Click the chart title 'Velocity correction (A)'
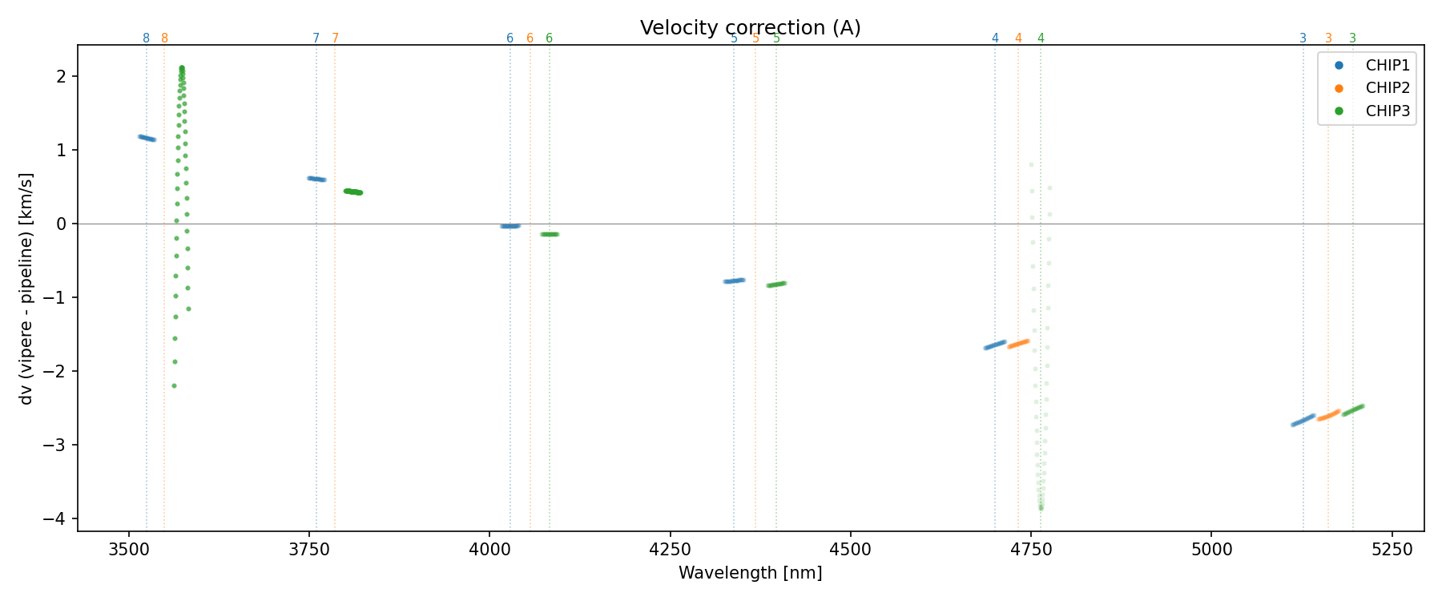pyautogui.click(x=750, y=28)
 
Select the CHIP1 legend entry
pyautogui.click(x=1388, y=66)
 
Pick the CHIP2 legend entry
pyautogui.click(x=1388, y=88)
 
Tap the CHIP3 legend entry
pyautogui.click(x=1388, y=111)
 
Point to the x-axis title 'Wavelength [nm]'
pyautogui.click(x=750, y=573)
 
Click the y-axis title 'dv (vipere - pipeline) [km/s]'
pyautogui.click(x=26, y=288)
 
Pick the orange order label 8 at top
pyautogui.click(x=164, y=38)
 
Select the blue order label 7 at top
pyautogui.click(x=316, y=38)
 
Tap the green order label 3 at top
pyautogui.click(x=1352, y=38)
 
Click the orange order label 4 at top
pyautogui.click(x=1018, y=38)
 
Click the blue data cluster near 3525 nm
pyautogui.click(x=147, y=138)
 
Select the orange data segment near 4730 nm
pyautogui.click(x=1018, y=344)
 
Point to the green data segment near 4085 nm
pyautogui.click(x=550, y=234)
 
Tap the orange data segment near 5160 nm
pyautogui.click(x=1328, y=415)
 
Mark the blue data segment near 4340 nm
pyautogui.click(x=734, y=280)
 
